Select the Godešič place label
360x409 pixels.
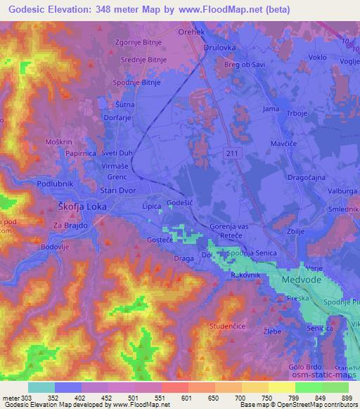click(x=180, y=203)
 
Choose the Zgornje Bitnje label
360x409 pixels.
click(x=139, y=42)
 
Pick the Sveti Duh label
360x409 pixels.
click(x=117, y=152)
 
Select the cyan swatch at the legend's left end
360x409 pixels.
click(x=41, y=387)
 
